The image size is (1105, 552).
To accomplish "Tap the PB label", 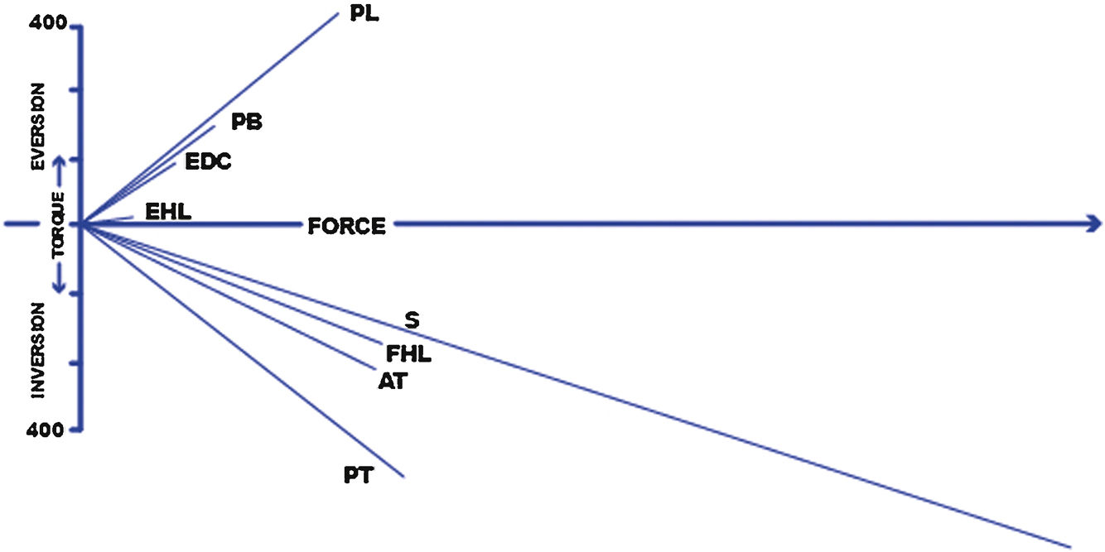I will click(x=247, y=122).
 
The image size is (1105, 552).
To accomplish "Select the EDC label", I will click(x=208, y=161).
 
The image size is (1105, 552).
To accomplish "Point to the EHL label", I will click(x=168, y=212).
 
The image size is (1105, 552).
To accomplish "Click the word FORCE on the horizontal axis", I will click(x=346, y=226).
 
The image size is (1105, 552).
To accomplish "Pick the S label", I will click(x=411, y=319).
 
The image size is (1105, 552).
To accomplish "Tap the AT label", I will click(x=393, y=381).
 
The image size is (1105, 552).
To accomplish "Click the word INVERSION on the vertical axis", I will click(x=38, y=350).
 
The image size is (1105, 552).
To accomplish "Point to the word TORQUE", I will click(x=58, y=225).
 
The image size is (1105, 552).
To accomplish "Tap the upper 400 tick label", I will click(x=46, y=23).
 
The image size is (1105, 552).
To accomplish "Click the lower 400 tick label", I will click(x=46, y=431).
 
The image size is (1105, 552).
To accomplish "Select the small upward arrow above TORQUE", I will click(x=60, y=164).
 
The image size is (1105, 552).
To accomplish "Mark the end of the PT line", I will click(x=403, y=476).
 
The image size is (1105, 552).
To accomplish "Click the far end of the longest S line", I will click(x=1069, y=546).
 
